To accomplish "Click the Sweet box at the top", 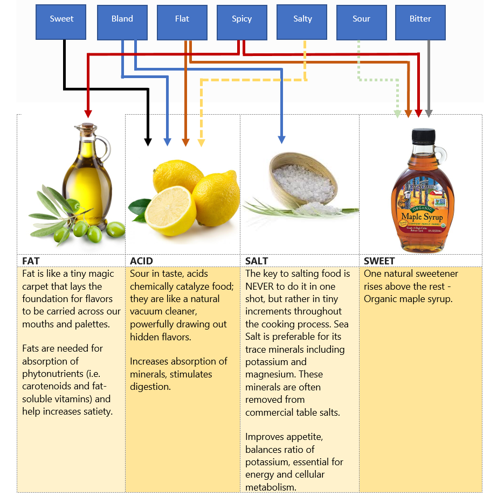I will coord(61,19).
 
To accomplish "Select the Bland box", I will coord(122,19).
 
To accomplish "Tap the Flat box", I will coord(182,19).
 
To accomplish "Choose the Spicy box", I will coord(242,19).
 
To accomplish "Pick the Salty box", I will coord(302,19).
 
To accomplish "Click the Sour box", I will coord(362,19).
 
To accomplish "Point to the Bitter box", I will coord(420,19).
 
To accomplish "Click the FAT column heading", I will coord(31,261).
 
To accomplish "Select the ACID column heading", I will coord(141,261).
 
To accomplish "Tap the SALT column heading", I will coord(257,261).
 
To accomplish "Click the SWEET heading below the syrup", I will coord(379,261).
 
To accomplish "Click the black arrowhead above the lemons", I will coord(148,142).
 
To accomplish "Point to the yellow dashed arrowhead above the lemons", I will coord(201,143).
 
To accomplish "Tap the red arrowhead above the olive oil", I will coord(87,114).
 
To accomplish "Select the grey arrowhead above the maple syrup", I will coord(429,114).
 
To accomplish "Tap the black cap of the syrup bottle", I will coord(422,136).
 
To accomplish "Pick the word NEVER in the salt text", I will coord(261,286).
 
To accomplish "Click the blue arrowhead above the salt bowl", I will coord(281,140).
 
